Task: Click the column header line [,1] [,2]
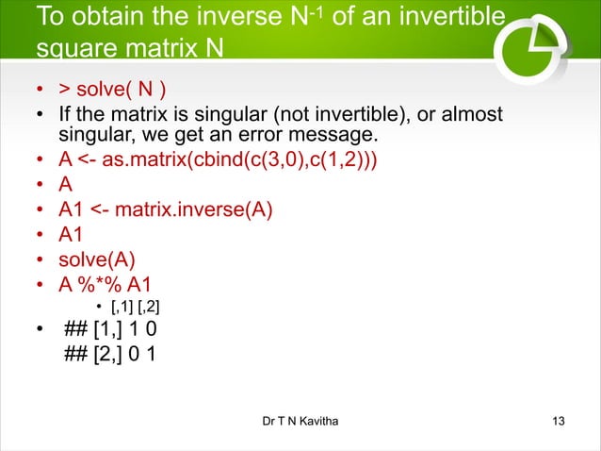(x=136, y=308)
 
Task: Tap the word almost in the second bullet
(x=476, y=115)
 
